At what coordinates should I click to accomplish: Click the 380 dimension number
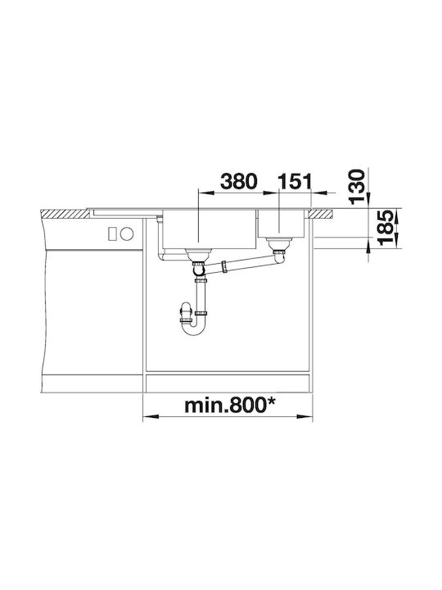239,182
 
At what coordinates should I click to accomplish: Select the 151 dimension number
295,182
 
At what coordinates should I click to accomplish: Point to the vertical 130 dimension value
357,187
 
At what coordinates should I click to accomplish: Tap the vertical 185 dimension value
386,228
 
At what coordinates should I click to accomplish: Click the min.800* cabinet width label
230,406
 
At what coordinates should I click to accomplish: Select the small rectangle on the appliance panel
112,234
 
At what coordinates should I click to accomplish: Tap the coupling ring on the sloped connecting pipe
224,266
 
